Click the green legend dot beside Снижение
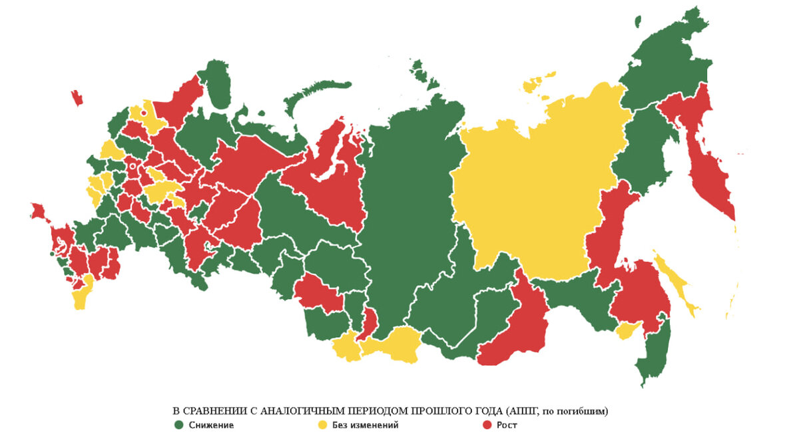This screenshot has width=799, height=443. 178,424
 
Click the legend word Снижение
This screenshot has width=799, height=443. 211,424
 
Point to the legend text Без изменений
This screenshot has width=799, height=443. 362,424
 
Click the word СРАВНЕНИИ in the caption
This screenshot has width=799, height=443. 210,411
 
